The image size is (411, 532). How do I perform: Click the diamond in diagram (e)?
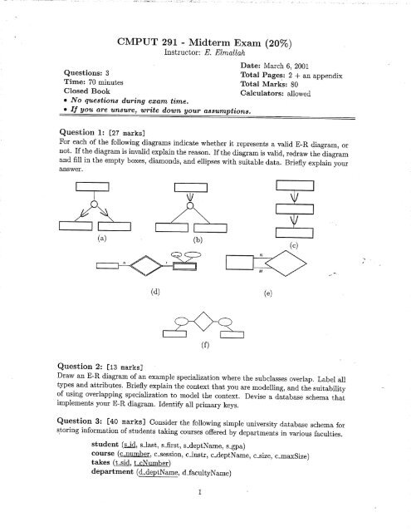pos(303,265)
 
